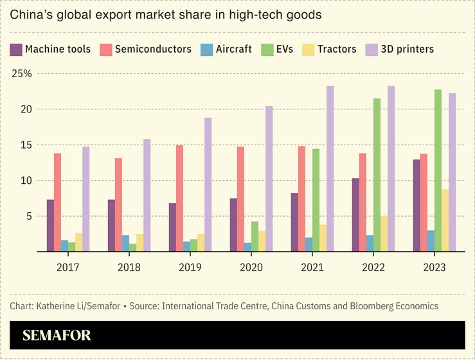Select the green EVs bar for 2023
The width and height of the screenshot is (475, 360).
click(438, 171)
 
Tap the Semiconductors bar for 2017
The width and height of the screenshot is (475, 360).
click(57, 203)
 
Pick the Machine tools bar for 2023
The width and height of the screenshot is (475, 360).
click(417, 206)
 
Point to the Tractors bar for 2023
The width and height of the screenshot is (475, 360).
click(445, 221)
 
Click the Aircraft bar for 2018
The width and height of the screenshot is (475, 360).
click(125, 244)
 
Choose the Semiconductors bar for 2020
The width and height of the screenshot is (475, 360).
click(240, 199)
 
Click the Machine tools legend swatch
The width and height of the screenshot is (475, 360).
click(16, 50)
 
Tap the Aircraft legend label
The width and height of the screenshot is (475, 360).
click(233, 50)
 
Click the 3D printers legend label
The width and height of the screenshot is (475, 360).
click(408, 50)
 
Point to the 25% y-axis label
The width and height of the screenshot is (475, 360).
click(22, 74)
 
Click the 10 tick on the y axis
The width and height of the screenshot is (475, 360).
click(26, 181)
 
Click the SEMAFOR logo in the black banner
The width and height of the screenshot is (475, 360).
click(57, 335)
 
